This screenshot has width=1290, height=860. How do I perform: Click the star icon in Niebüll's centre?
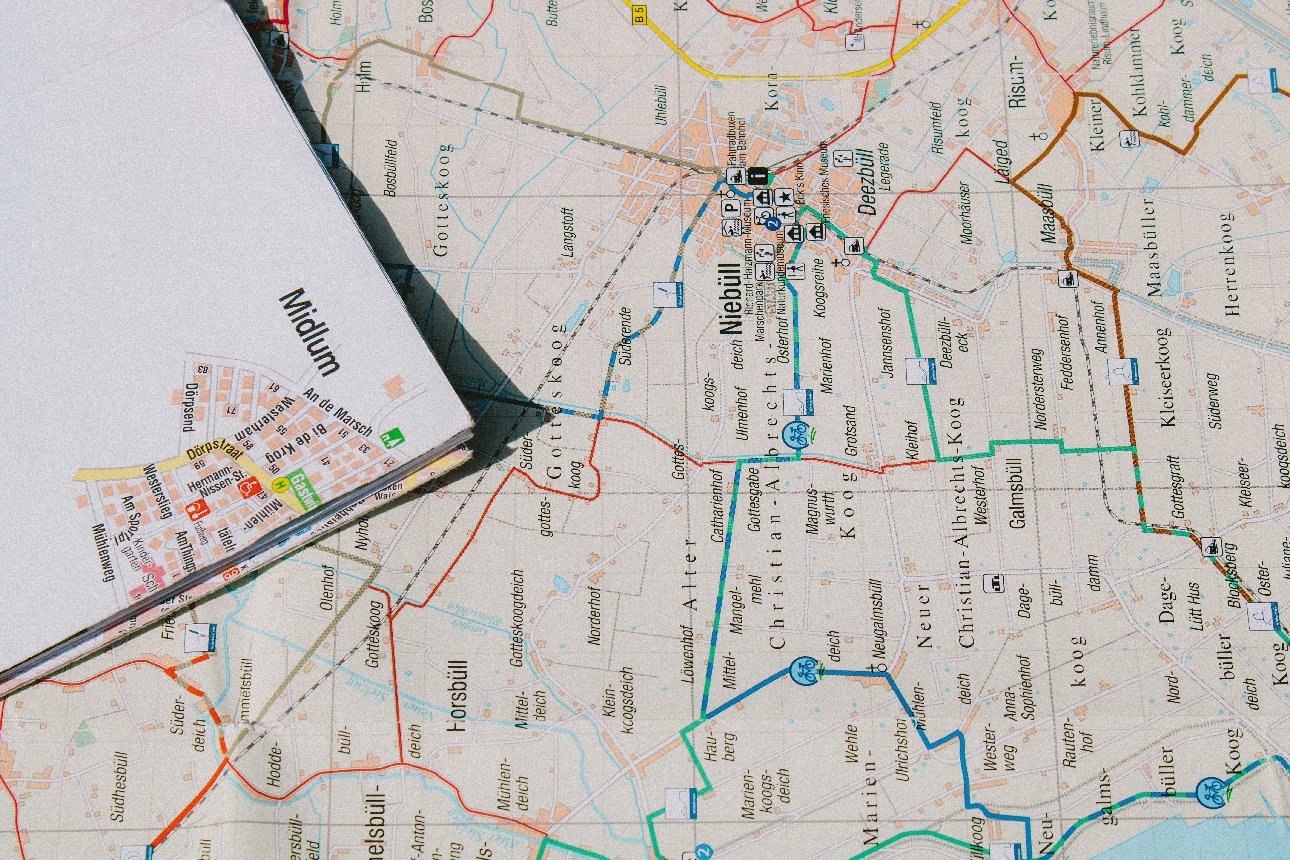[785, 196]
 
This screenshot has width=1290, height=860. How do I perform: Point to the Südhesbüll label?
[120, 786]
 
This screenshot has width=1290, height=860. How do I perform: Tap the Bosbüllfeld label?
[390, 167]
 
